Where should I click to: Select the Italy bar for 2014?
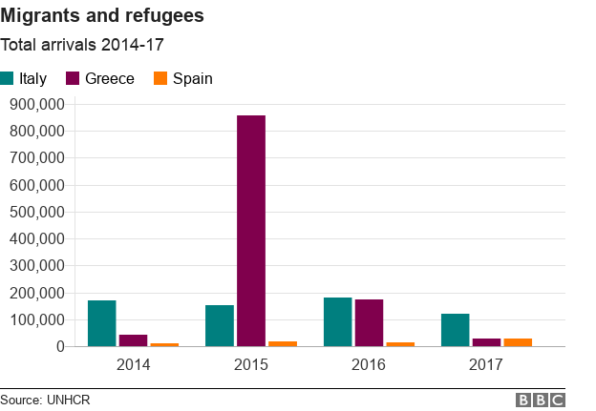pyautogui.click(x=102, y=323)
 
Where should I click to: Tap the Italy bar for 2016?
pyautogui.click(x=337, y=322)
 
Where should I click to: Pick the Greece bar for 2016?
pyautogui.click(x=369, y=323)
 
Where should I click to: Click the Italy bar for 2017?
pyautogui.click(x=456, y=330)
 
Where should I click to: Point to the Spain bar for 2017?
pyautogui.click(x=518, y=342)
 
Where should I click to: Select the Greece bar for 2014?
pyautogui.click(x=133, y=340)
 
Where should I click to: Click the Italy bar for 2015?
pyautogui.click(x=220, y=326)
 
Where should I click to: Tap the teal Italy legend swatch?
pyautogui.click(x=8, y=78)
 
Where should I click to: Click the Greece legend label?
pyautogui.click(x=110, y=78)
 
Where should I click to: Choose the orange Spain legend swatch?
pyautogui.click(x=160, y=78)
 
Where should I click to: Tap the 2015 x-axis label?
pyautogui.click(x=251, y=364)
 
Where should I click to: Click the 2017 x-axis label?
pyautogui.click(x=487, y=364)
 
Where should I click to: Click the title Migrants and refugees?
pyautogui.click(x=101, y=17)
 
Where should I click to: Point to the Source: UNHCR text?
pyautogui.click(x=45, y=400)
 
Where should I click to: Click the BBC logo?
pyautogui.click(x=541, y=400)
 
